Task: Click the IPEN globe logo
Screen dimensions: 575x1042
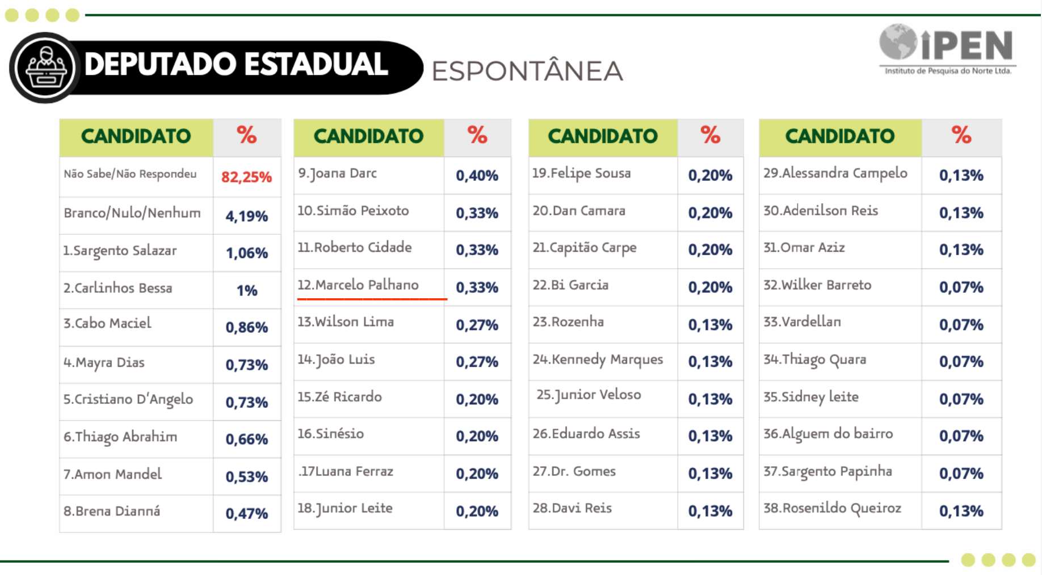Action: click(x=898, y=41)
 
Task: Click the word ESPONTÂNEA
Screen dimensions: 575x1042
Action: click(x=527, y=71)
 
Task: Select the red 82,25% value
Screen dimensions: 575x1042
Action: click(x=246, y=177)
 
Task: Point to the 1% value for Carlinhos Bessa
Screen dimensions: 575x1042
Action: click(x=247, y=290)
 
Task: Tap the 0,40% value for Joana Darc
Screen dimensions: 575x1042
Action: click(x=477, y=176)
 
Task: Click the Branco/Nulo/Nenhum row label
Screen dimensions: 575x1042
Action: click(x=132, y=213)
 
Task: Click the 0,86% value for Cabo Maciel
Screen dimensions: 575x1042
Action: click(x=246, y=327)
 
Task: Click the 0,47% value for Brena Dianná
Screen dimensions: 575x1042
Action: click(x=246, y=513)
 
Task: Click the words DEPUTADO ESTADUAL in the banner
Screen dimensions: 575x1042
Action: click(x=236, y=64)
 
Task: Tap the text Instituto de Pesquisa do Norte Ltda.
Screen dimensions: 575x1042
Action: click(x=948, y=71)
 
